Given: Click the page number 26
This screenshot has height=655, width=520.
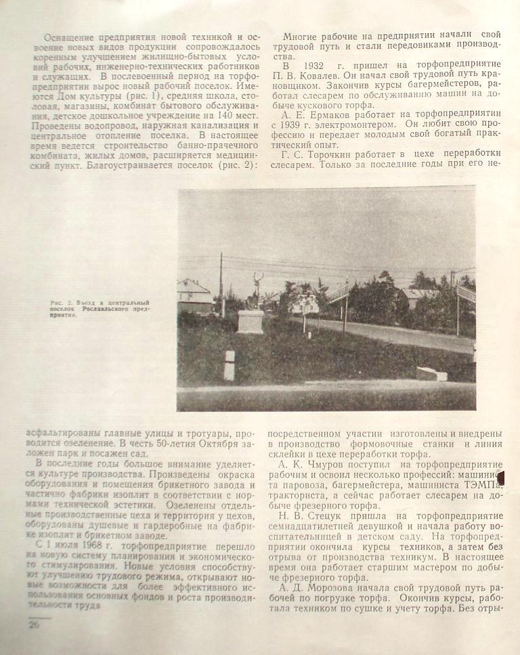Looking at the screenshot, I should coord(32,625).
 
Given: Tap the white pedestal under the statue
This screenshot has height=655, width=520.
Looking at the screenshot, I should coord(251,321).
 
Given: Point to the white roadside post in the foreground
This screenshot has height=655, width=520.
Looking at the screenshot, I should coord(230,365).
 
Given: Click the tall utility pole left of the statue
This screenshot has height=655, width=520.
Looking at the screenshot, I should coord(221,284).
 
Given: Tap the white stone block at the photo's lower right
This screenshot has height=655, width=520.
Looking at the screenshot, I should coord(431,374).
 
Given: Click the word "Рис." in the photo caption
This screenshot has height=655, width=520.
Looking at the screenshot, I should coord(58,302).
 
